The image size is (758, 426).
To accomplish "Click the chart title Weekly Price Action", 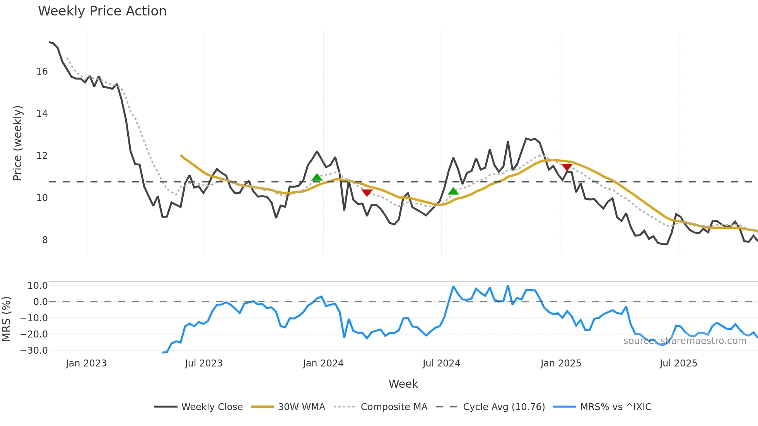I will (x=102, y=11).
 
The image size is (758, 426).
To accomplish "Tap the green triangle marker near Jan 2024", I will (x=317, y=177).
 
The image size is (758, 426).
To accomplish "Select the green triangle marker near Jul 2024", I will (x=453, y=191).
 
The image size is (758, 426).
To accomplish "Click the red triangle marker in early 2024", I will (x=367, y=193).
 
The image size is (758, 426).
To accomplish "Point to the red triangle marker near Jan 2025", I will (x=567, y=167).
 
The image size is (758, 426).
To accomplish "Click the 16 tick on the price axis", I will (x=42, y=72).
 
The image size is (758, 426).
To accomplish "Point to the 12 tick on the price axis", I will (x=42, y=156).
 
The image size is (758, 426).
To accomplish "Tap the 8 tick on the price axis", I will (x=45, y=240).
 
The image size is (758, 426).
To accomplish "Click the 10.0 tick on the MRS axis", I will (x=38, y=286).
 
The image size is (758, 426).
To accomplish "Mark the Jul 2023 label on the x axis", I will (x=203, y=363).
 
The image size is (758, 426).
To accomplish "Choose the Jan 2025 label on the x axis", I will (x=561, y=363).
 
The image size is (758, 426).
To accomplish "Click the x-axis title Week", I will (x=403, y=384).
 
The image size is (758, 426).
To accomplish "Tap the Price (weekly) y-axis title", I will (x=18, y=143).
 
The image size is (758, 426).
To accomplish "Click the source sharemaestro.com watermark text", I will (x=685, y=341).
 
